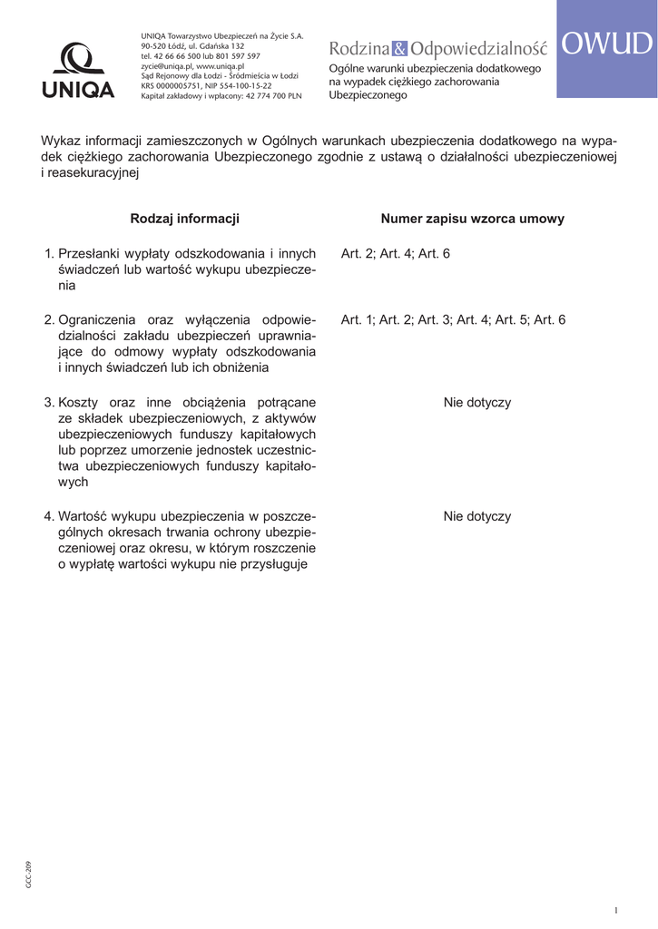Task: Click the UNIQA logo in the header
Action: [x=77, y=71]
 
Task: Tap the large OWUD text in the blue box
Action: [x=606, y=44]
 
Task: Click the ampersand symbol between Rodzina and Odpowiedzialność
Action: [x=401, y=48]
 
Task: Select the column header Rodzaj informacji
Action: [x=184, y=219]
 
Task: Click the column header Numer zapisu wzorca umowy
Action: [x=472, y=219]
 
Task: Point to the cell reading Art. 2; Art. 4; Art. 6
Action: [x=395, y=254]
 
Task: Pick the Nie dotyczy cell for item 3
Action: [x=477, y=402]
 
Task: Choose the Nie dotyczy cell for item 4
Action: [x=477, y=516]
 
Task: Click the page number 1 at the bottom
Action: [x=615, y=910]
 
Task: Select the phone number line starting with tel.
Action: [x=201, y=55]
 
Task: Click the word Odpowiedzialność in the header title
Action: [x=478, y=48]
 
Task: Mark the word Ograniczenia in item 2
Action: [x=97, y=319]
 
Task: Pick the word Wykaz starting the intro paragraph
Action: [x=59, y=141]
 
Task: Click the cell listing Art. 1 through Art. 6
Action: [x=453, y=319]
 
